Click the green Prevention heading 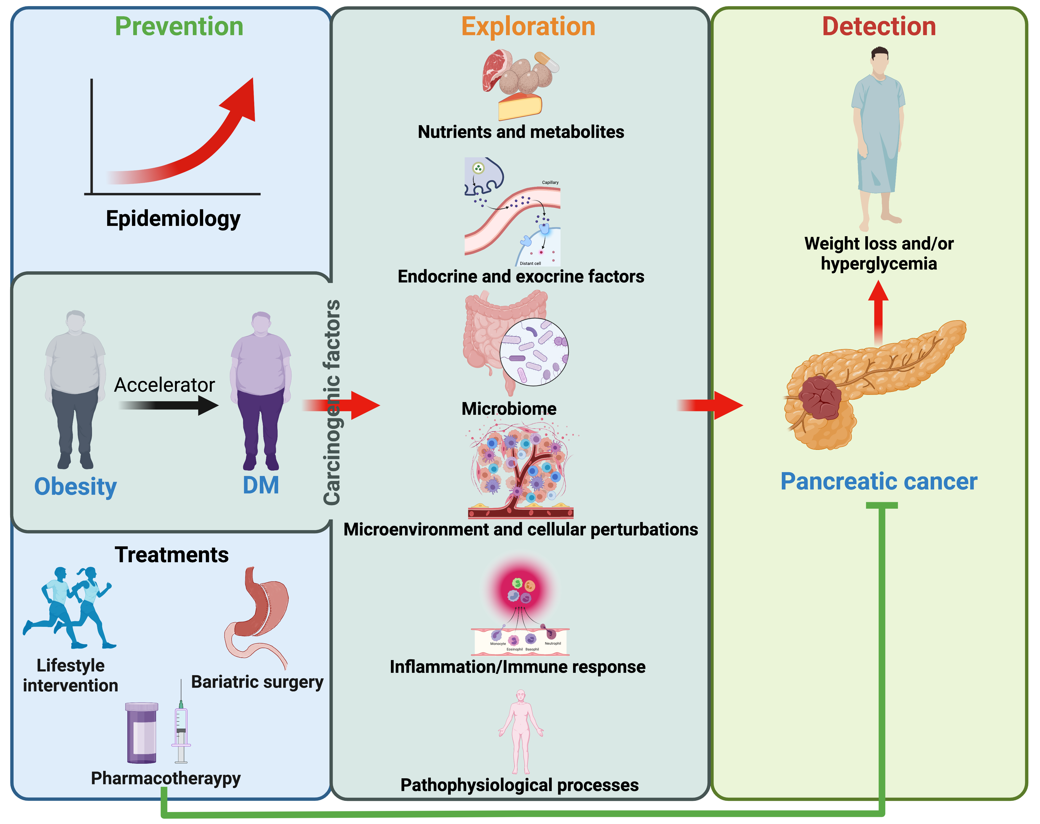tap(179, 27)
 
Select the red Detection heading tap(879, 27)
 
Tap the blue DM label tap(261, 485)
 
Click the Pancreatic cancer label tap(879, 482)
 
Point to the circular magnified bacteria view tap(534, 352)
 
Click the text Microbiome tap(509, 409)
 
